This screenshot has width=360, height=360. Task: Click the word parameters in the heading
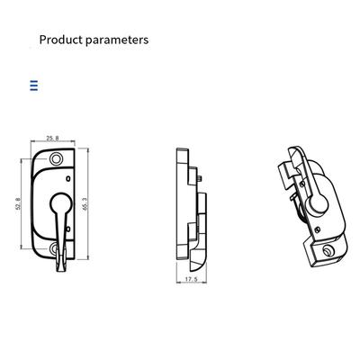[117, 40]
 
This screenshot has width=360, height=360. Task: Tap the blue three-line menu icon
[34, 85]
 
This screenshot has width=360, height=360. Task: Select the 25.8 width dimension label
[52, 139]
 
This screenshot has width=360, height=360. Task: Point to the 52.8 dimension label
[18, 203]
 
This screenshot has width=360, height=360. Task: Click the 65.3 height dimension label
[85, 203]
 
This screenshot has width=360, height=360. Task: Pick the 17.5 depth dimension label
[191, 279]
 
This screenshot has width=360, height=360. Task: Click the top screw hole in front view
[56, 158]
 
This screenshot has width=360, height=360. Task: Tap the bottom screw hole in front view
[54, 248]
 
